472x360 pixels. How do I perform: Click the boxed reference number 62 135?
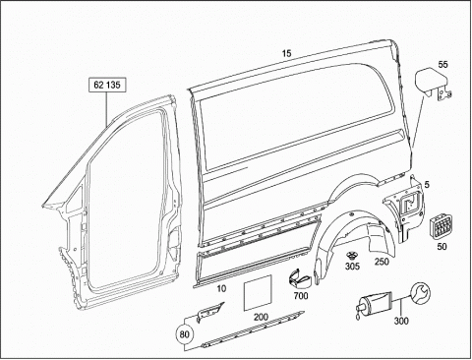coord(107,86)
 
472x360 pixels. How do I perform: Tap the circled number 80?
coord(185,334)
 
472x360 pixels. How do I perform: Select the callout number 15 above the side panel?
coord(286,53)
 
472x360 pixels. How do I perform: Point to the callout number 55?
coord(442,64)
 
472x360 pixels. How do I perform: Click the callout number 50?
coord(442,246)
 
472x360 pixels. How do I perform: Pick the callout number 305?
coord(352,266)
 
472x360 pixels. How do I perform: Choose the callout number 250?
coord(382,262)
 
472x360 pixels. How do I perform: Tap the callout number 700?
coord(301,296)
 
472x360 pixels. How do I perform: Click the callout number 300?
coord(401,321)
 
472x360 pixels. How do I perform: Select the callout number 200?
coord(261,317)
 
